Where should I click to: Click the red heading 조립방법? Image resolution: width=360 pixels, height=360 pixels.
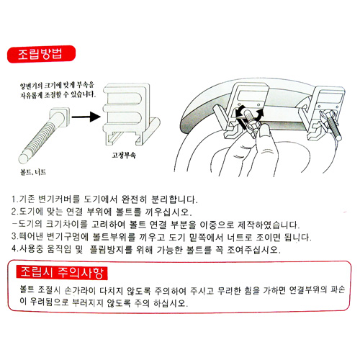tap(41, 54)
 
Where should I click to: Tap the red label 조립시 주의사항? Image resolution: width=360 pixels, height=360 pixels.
tap(62, 273)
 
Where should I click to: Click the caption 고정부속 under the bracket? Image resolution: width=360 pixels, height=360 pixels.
tap(124, 156)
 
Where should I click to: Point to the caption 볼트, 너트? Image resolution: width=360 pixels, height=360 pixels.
tap(33, 172)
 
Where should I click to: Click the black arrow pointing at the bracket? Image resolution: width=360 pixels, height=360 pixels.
tap(86, 117)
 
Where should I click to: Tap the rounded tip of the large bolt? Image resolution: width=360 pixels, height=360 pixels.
tap(24, 158)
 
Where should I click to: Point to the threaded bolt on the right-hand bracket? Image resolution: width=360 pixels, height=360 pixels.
tap(333, 126)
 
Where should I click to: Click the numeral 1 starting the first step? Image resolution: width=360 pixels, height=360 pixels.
tap(14, 199)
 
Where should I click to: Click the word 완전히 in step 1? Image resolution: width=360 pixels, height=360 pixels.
tap(134, 199)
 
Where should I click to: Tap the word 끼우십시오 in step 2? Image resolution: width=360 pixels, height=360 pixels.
tap(168, 212)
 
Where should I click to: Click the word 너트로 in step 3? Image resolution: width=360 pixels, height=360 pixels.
tap(240, 237)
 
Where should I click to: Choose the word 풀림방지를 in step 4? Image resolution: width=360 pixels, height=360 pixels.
tap(111, 249)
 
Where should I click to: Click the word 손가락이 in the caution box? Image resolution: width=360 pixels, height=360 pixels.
tap(80, 290)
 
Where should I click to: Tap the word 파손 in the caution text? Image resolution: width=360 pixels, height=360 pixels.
tap(338, 289)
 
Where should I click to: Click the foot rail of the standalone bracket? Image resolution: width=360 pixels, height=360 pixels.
tap(151, 131)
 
